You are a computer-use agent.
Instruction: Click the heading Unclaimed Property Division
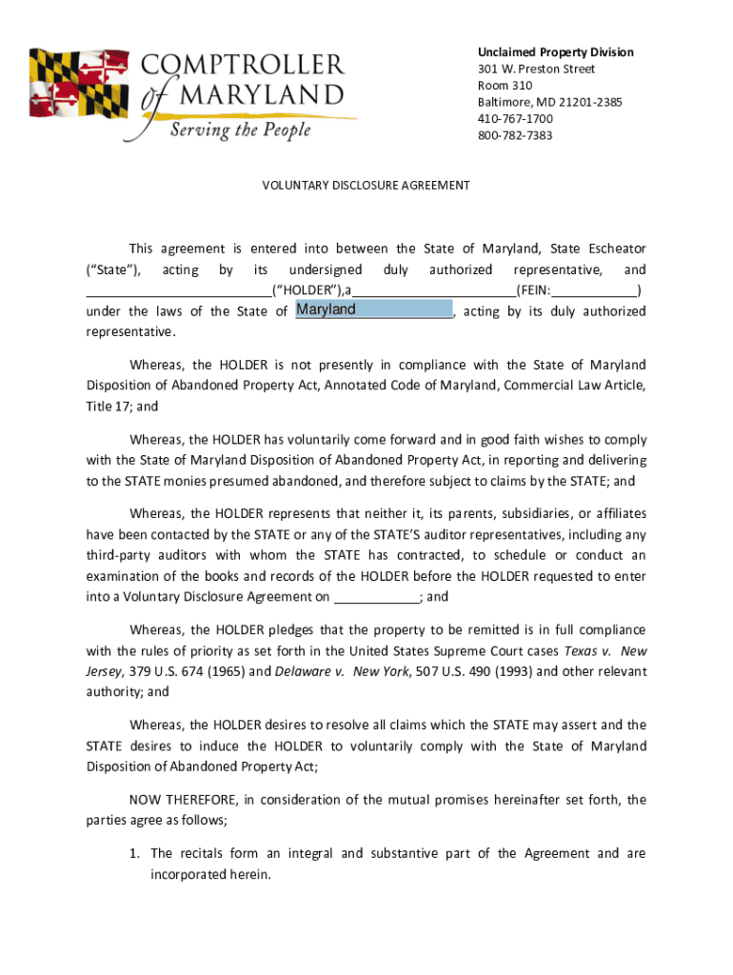(555, 52)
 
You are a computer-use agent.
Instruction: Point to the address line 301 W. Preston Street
(536, 70)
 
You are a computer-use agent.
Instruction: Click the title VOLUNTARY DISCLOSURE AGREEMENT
(366, 186)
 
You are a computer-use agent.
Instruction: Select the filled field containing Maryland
(373, 309)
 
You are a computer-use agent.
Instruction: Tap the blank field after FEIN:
(594, 291)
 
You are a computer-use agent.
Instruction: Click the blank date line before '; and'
(376, 598)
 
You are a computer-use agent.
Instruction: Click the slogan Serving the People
(240, 129)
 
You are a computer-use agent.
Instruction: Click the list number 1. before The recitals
(135, 853)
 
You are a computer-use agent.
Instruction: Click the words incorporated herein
(210, 874)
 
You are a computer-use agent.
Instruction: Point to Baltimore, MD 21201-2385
(549, 102)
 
